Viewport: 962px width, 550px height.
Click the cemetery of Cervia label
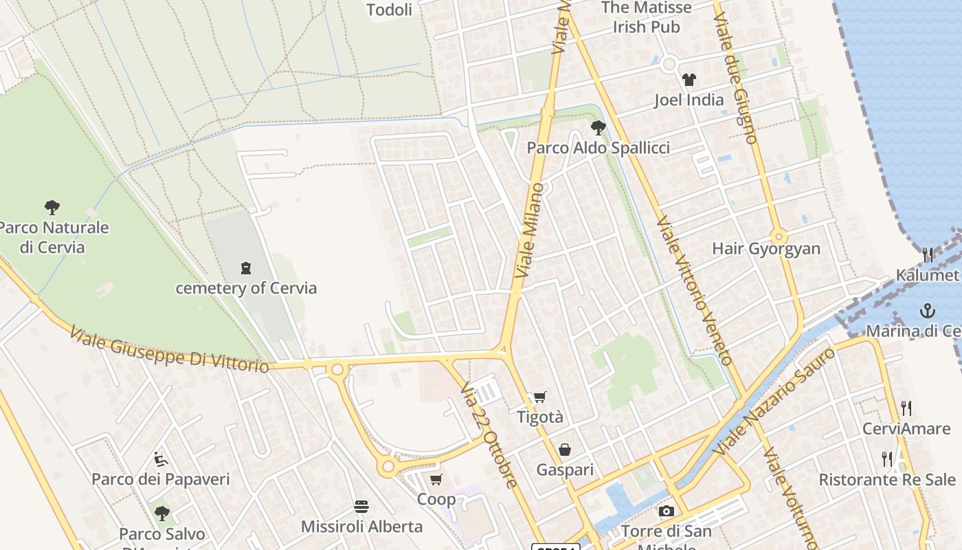[246, 287]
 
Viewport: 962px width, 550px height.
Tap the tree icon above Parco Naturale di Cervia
[52, 207]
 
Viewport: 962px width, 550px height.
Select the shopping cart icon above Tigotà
[540, 397]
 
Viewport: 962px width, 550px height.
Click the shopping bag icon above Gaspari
[564, 450]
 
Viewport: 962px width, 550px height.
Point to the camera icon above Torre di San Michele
[666, 511]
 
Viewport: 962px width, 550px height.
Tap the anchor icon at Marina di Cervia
[928, 310]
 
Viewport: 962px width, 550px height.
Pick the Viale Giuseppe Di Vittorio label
[169, 351]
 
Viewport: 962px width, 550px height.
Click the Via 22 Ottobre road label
[489, 435]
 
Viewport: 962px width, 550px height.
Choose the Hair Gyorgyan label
[766, 248]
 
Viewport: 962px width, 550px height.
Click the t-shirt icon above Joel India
[689, 80]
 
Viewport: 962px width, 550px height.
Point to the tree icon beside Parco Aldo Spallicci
[598, 127]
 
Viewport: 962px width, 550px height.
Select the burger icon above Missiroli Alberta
[361, 507]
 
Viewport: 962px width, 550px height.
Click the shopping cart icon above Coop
[436, 479]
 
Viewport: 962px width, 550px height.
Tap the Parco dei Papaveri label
[161, 479]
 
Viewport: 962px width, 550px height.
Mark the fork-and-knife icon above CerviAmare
[906, 408]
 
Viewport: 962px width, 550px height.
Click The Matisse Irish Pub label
[647, 17]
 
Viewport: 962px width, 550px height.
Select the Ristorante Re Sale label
[886, 479]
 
